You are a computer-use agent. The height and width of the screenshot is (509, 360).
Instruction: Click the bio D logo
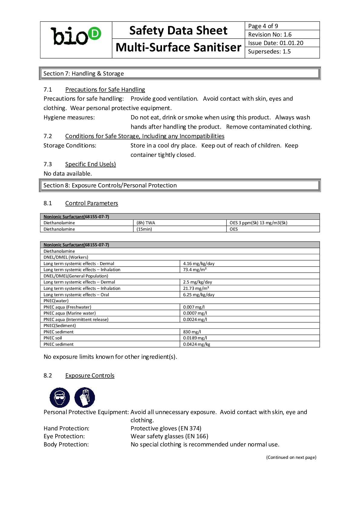76,36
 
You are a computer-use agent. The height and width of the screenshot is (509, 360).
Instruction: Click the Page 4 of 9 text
263,26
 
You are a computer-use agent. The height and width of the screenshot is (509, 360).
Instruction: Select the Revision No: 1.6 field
270,34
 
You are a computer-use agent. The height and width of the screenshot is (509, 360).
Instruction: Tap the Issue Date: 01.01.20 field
275,43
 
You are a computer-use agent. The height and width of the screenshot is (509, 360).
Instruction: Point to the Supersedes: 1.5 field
269,51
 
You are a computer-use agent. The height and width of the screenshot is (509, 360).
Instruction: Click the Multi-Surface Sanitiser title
178,47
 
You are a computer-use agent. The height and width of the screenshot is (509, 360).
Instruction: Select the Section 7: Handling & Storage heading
83,73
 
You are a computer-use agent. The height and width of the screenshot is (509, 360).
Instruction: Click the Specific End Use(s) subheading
90,164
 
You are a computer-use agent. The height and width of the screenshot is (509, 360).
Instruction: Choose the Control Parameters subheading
91,203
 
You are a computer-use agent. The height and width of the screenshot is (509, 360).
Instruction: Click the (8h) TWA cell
146,223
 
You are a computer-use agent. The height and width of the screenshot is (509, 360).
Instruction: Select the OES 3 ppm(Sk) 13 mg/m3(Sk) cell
258,223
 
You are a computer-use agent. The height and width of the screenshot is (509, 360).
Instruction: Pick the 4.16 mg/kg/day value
199,264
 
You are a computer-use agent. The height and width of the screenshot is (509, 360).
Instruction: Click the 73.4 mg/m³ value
195,270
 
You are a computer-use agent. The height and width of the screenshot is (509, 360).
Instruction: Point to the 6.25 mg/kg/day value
199,295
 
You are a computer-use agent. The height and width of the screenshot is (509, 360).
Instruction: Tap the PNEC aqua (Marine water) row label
70,313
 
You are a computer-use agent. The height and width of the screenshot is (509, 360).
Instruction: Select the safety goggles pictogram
60,397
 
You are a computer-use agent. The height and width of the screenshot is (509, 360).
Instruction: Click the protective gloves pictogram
85,397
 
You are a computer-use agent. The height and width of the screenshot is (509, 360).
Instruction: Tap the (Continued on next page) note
291,457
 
